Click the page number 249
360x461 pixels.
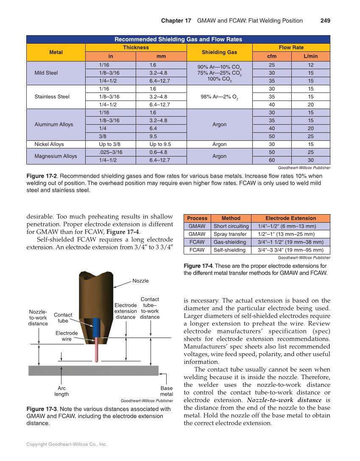click(x=325, y=21)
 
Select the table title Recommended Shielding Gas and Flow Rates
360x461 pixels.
click(x=178, y=39)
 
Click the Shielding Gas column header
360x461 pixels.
click(x=219, y=52)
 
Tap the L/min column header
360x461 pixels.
click(x=310, y=56)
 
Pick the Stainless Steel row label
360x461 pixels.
click(x=52, y=97)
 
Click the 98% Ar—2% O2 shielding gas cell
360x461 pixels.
click(x=219, y=97)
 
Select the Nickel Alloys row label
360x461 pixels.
click(x=49, y=144)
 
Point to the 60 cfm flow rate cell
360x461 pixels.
click(x=271, y=160)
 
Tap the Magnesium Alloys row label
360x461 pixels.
click(x=56, y=156)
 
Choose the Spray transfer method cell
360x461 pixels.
click(x=231, y=234)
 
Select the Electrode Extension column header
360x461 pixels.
click(x=290, y=218)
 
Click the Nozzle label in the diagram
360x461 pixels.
click(x=140, y=281)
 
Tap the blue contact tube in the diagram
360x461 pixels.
click(x=96, y=327)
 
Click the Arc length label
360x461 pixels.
click(x=61, y=391)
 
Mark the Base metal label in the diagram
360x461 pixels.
click(x=166, y=391)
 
